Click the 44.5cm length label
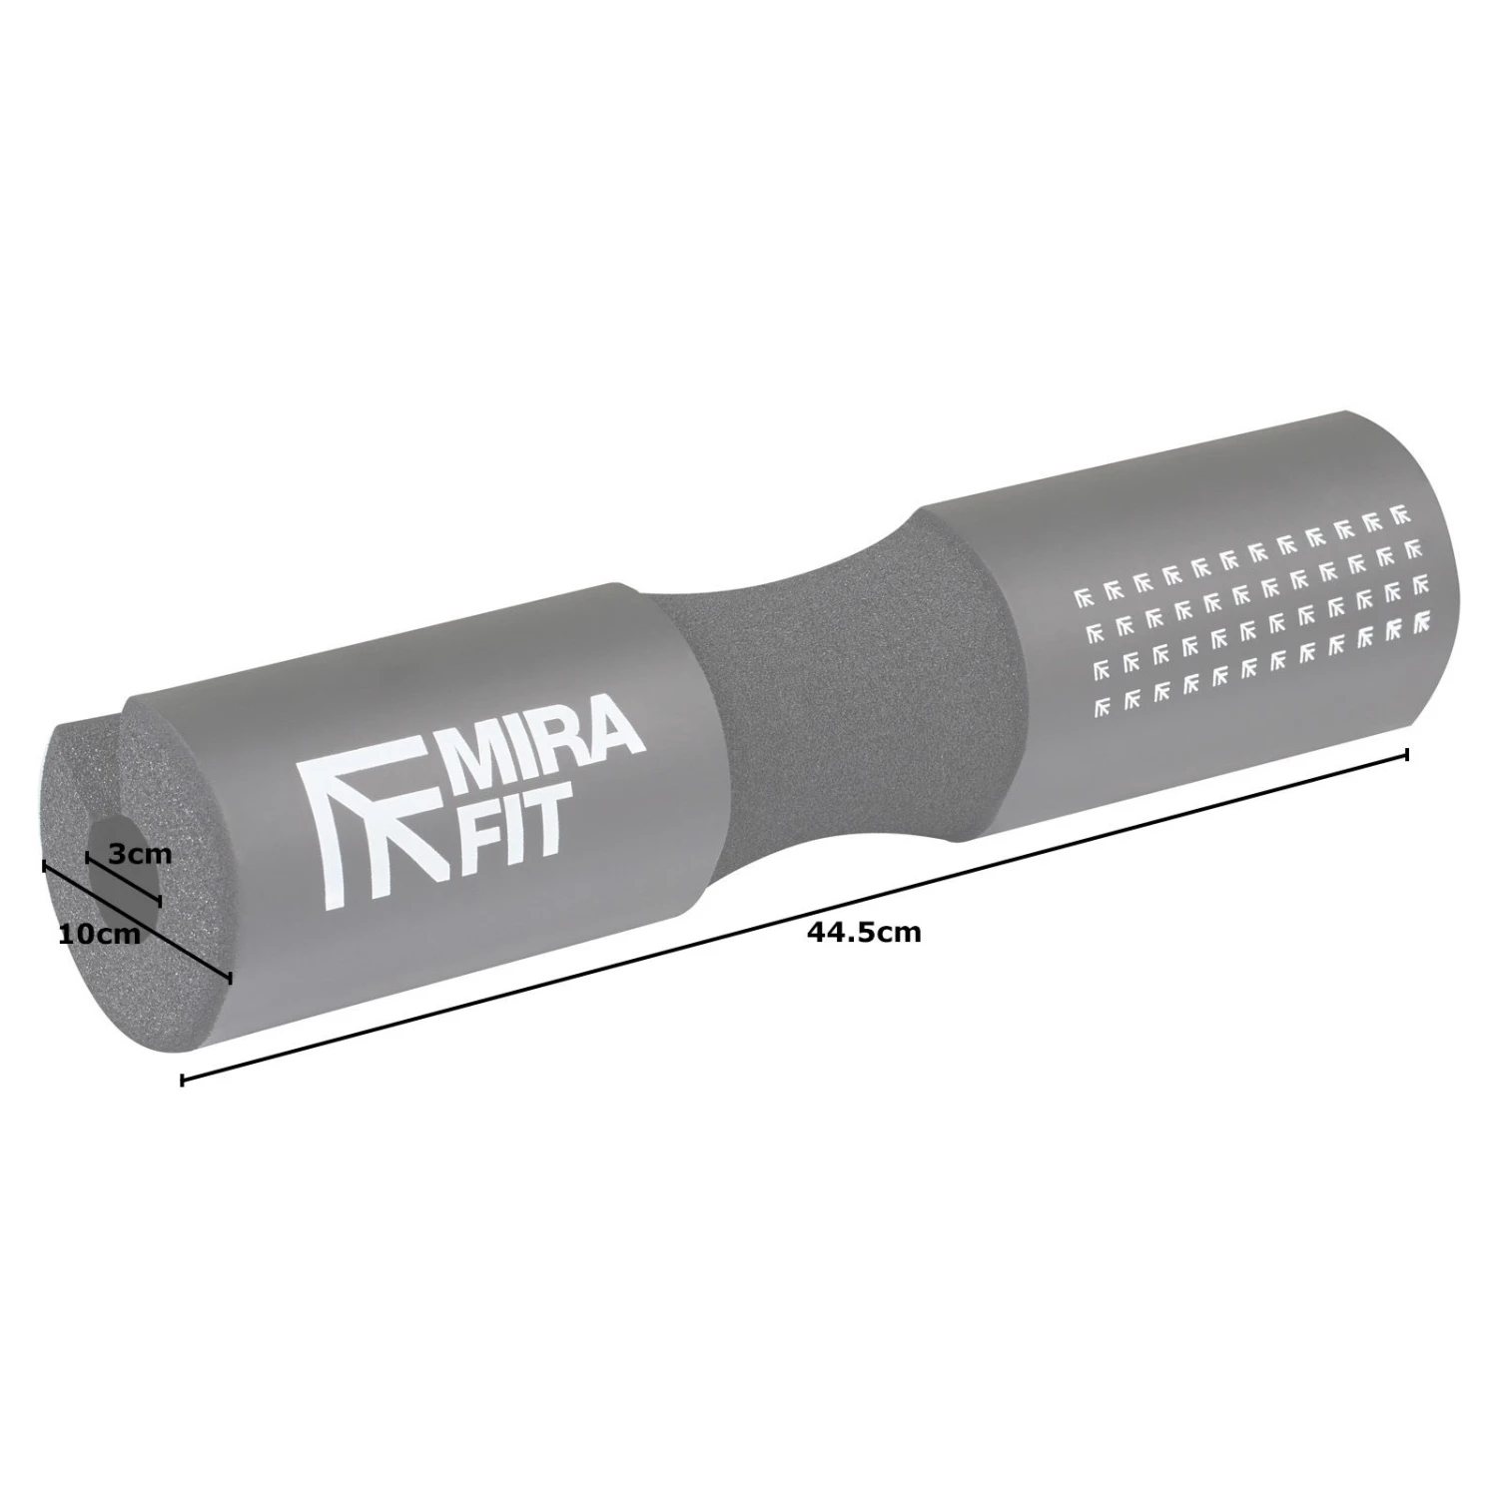(864, 933)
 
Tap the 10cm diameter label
(100, 935)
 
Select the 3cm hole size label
(140, 854)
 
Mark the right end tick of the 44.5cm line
(1407, 754)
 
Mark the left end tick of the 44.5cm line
(181, 1080)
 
